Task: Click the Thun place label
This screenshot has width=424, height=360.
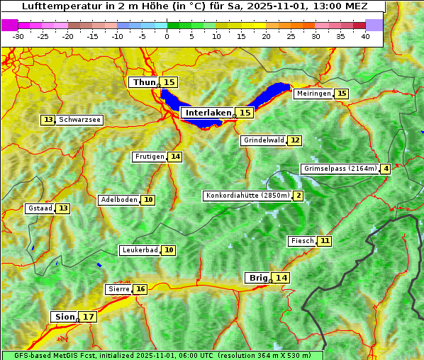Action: [x=144, y=83]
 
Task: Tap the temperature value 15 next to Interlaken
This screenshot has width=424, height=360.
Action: [x=245, y=113]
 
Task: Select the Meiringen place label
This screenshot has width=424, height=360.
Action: [x=313, y=94]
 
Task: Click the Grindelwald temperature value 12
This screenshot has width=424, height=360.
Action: [x=294, y=140]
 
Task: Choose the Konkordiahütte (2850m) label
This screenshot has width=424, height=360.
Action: [x=247, y=196]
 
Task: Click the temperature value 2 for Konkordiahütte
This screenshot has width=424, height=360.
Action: [x=299, y=196]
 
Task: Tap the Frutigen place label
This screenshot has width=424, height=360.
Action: [x=149, y=157]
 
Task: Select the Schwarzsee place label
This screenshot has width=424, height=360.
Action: [x=79, y=120]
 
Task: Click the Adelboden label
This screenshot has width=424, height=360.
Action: [x=118, y=200]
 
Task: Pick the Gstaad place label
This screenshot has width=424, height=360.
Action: [x=40, y=208]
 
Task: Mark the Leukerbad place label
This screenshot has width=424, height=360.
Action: [x=139, y=250]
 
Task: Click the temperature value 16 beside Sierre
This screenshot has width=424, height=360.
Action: [x=140, y=289]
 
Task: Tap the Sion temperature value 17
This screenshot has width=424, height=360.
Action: [x=88, y=317]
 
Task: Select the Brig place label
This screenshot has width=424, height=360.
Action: [x=257, y=278]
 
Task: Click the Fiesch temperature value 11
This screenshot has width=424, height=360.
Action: [x=324, y=241]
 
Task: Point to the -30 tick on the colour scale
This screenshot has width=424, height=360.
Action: [x=18, y=36]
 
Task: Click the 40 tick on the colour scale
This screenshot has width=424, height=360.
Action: [x=365, y=36]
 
